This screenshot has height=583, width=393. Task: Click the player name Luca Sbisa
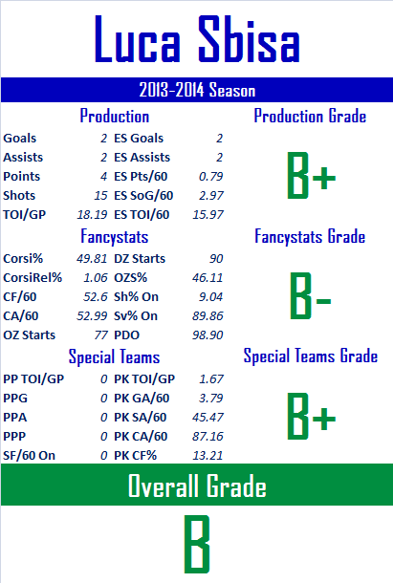coord(197,39)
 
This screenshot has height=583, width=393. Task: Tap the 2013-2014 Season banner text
coord(197,90)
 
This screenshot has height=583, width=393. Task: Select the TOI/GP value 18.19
coord(92,214)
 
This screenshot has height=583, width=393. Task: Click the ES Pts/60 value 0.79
coord(210,176)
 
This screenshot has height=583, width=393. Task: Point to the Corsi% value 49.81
coord(92,258)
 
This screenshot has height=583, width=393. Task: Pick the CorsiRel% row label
coord(33,278)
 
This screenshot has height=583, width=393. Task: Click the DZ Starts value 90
coord(216,258)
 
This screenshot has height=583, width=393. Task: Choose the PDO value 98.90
coord(207,335)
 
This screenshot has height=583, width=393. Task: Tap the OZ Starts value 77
coord(100,335)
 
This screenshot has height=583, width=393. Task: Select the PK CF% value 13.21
coord(207,456)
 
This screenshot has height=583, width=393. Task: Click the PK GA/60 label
coord(142,399)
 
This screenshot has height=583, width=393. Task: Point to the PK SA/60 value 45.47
coord(207,417)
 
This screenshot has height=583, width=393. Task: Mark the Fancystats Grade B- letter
coord(311,296)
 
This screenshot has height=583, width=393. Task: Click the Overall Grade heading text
coord(197,486)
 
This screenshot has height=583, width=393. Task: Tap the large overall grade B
coord(197,544)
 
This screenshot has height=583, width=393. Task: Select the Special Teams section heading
coord(114,356)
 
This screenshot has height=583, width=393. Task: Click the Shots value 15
coord(100,196)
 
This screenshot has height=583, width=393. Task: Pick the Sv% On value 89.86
coord(207,316)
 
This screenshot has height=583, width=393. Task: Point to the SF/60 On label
coord(29,456)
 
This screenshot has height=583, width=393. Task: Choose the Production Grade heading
coord(310,116)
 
